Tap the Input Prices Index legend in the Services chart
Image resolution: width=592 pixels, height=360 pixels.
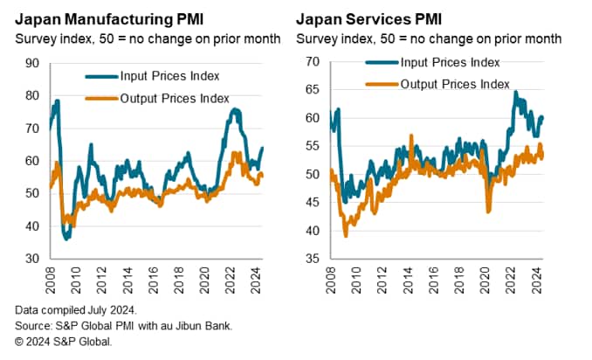click(x=448, y=62)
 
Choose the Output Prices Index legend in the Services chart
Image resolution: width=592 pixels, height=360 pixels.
click(x=453, y=83)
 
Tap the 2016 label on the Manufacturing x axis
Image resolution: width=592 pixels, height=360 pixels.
click(x=157, y=280)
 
